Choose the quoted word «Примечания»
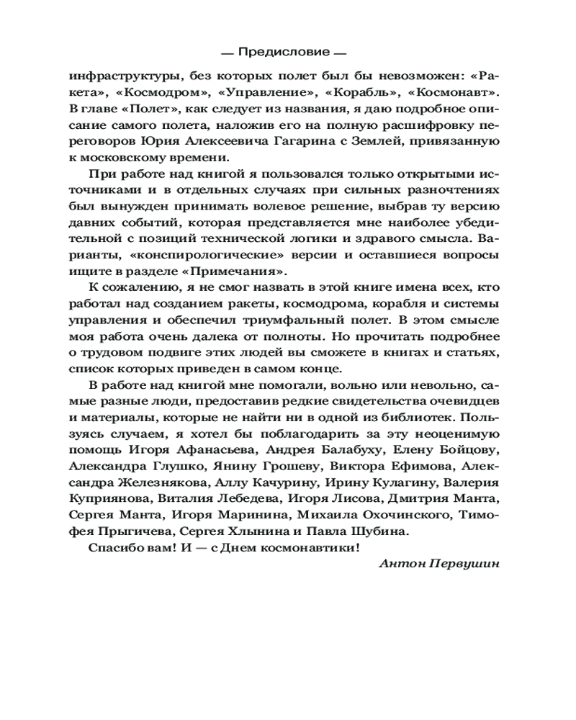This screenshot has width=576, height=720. [x=237, y=272]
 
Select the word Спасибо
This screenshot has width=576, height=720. [x=114, y=548]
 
